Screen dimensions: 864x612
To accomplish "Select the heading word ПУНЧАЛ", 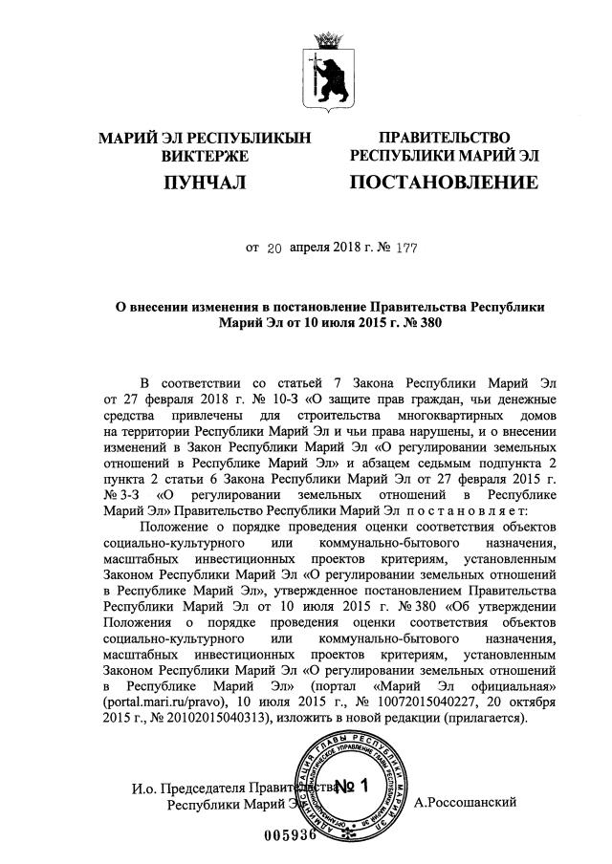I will [x=207, y=182].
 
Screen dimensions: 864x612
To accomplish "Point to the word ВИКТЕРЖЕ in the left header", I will [x=206, y=156].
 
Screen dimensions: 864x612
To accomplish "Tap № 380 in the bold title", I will [x=423, y=324].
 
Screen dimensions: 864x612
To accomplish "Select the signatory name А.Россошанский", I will [x=466, y=802].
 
